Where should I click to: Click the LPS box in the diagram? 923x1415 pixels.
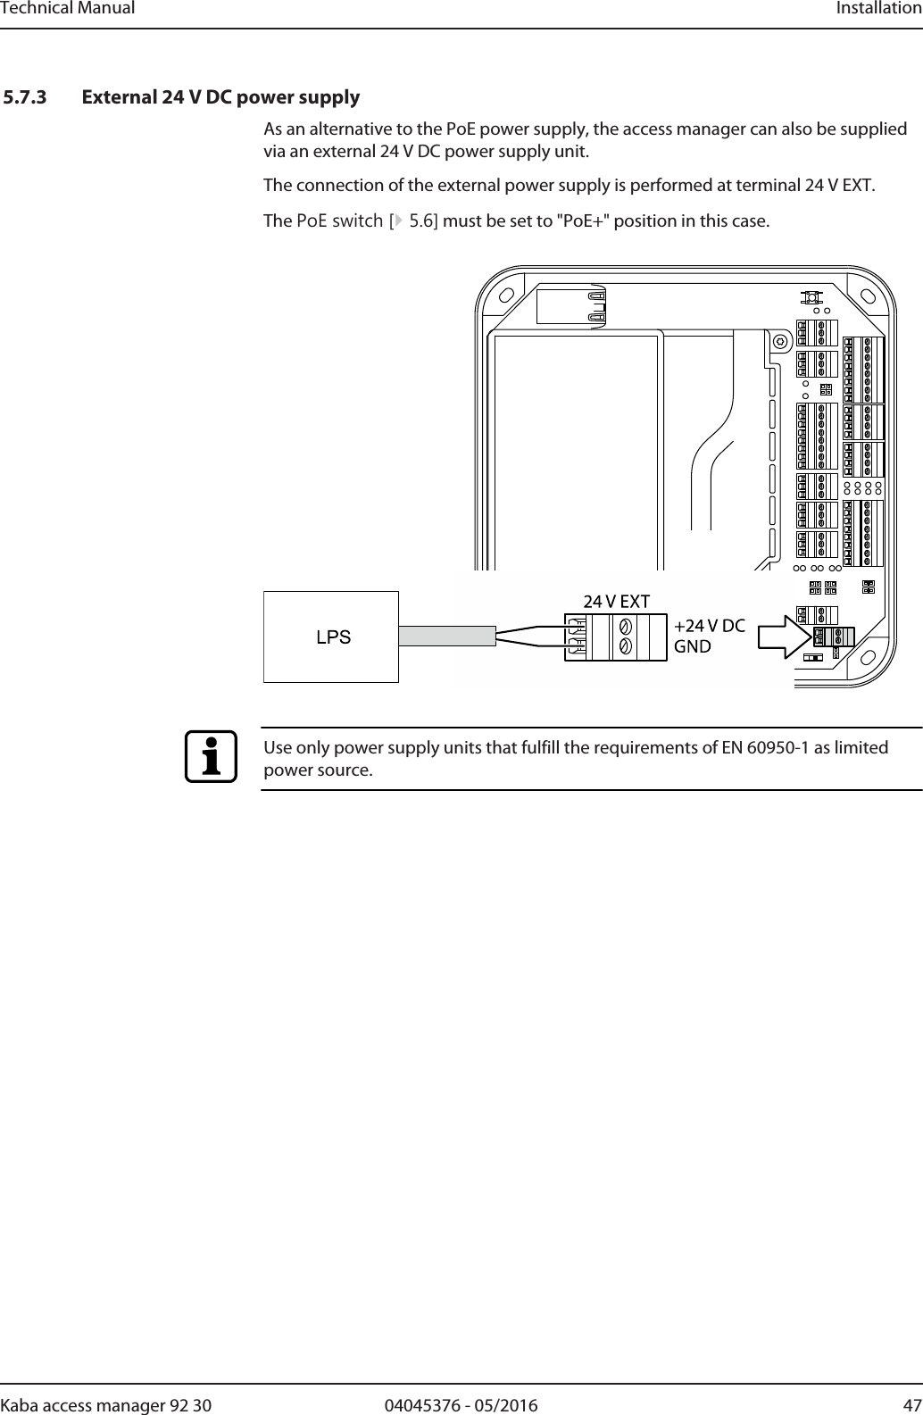pos(331,637)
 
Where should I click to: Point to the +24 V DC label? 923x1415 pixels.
pos(710,626)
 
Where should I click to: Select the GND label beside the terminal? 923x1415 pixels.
pos(693,645)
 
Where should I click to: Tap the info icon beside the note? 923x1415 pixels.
pos(212,757)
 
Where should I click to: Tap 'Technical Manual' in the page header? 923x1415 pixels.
pos(68,8)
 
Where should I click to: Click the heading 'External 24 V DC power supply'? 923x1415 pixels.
pos(220,96)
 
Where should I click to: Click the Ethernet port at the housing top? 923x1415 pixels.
pos(572,306)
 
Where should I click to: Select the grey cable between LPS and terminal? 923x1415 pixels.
pos(446,636)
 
